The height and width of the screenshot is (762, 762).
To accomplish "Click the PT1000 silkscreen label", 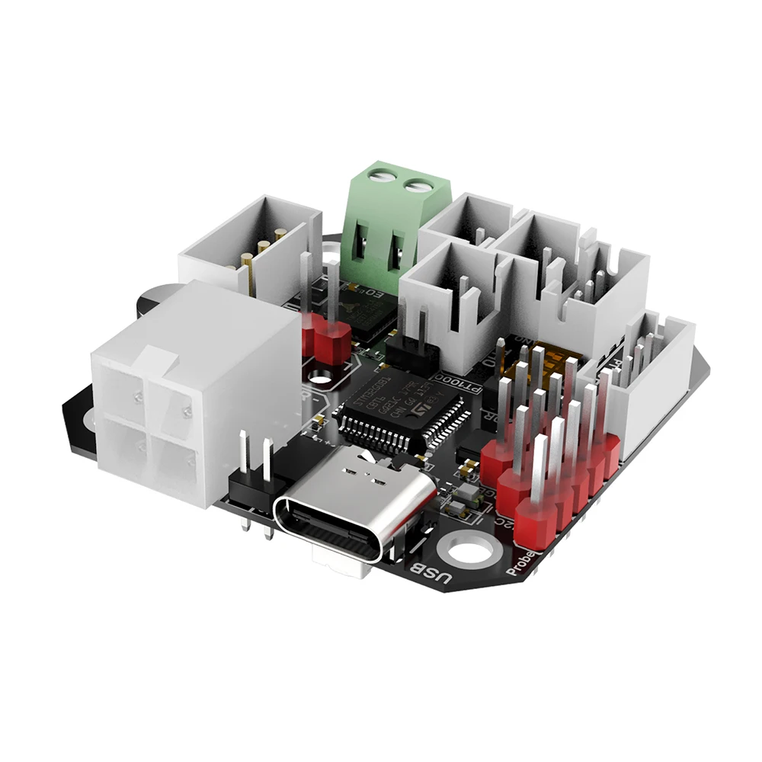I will point(460,381).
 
